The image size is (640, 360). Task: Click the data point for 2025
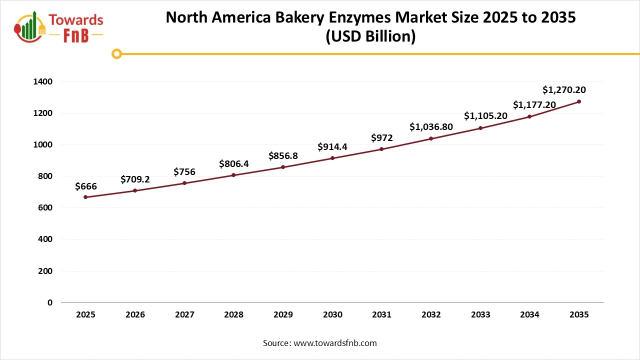(x=85, y=197)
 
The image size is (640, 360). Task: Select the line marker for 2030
(x=332, y=158)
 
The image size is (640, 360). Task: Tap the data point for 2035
(x=579, y=101)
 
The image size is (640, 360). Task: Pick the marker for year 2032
(x=431, y=138)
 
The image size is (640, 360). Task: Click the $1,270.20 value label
(x=564, y=90)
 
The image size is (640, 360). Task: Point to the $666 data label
(x=85, y=186)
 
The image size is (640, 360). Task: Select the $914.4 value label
(x=332, y=147)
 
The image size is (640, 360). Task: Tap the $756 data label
(x=184, y=172)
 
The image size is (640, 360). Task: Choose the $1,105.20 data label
(x=485, y=116)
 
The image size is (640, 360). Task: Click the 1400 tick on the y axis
(x=43, y=81)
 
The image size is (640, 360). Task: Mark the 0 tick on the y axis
(x=49, y=302)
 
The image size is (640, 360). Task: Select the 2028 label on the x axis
(x=233, y=315)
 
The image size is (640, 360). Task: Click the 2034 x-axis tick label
(x=529, y=315)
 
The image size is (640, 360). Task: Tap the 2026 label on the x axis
(x=135, y=315)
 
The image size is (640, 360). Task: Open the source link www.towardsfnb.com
(x=334, y=343)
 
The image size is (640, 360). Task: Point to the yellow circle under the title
(x=116, y=53)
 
